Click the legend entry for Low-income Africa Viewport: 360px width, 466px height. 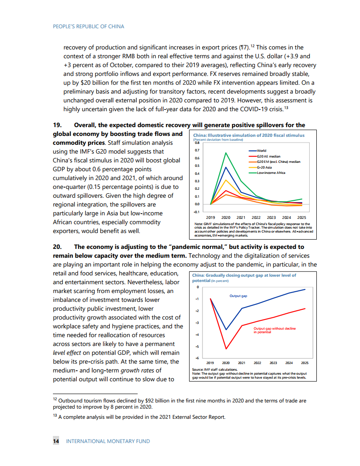[271, 173]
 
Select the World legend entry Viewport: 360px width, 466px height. [261, 151]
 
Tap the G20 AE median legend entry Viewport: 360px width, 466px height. [268, 156]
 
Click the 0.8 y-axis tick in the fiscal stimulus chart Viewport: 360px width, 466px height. [197, 143]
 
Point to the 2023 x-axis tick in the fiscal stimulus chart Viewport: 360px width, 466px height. [271, 217]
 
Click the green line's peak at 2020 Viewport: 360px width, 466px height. [226, 153]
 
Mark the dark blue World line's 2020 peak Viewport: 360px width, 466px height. [226, 167]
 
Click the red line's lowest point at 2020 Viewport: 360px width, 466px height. [226, 349]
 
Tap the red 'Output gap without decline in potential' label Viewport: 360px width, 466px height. [274, 330]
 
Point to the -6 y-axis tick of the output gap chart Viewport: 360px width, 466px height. [198, 358]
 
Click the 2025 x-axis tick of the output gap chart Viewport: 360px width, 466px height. [304, 363]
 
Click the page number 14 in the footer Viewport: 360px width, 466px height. [56, 441]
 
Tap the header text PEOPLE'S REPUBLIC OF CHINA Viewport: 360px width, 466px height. [88, 26]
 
